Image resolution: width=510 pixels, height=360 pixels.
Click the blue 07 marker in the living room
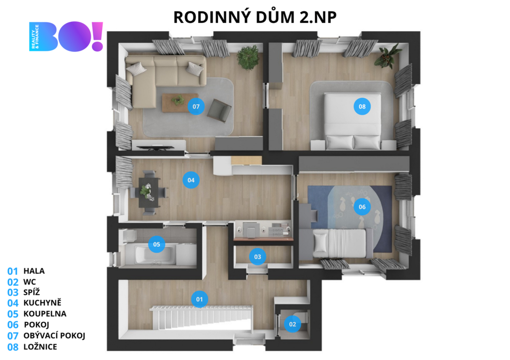(x=196, y=107)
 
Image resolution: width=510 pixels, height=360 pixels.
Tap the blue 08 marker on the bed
(x=362, y=107)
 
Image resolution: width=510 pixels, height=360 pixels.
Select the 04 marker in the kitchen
(x=191, y=180)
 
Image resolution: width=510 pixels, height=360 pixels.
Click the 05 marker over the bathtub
(x=156, y=244)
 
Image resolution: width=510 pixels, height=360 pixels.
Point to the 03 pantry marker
(x=257, y=256)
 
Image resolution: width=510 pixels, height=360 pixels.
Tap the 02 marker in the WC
(x=292, y=324)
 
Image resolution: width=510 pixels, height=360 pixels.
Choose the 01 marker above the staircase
(x=199, y=299)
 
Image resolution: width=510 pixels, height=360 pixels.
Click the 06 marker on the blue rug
(x=362, y=207)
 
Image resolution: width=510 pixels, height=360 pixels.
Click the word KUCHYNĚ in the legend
(x=42, y=302)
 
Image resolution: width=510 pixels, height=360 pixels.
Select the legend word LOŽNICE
(x=40, y=347)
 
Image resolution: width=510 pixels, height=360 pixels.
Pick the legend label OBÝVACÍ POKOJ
(x=54, y=335)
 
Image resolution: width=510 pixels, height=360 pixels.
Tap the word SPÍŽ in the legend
(x=31, y=292)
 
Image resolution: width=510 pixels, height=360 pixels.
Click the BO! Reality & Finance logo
(x=66, y=36)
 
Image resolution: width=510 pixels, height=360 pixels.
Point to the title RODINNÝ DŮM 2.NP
(x=255, y=17)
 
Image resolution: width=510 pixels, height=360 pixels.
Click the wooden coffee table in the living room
(x=175, y=103)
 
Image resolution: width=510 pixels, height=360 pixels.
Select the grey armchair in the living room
(x=220, y=110)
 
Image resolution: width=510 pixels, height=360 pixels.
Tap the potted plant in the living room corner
(x=249, y=57)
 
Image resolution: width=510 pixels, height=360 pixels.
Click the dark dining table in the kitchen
(x=149, y=192)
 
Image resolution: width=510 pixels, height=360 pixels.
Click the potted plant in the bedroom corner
(x=388, y=56)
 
